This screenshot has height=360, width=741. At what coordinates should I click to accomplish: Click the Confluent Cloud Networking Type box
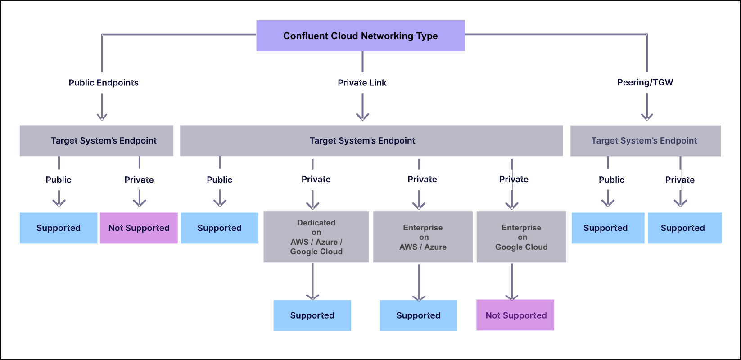coord(360,36)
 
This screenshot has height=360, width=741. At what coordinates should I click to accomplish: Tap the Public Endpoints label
coord(104,83)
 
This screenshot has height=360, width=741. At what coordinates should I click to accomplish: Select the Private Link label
coord(362,83)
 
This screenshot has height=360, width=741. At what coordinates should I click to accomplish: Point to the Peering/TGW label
coord(645,82)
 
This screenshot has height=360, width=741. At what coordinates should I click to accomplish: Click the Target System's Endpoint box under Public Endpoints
coord(96,141)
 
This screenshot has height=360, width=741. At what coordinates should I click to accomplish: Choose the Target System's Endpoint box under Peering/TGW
coord(645,141)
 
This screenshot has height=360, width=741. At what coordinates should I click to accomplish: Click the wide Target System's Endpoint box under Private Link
coord(371,141)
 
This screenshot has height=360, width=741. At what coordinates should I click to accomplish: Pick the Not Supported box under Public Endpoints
coord(139,228)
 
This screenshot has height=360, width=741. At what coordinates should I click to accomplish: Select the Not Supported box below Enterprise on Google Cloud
coord(515,315)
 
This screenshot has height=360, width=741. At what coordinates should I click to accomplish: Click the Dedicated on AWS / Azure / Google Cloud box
coord(316,237)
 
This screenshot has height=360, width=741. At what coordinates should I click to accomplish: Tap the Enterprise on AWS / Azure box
coord(423,237)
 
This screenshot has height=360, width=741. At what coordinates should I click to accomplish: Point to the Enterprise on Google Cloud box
coord(521,237)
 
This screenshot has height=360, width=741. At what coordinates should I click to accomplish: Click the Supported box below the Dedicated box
coord(312,315)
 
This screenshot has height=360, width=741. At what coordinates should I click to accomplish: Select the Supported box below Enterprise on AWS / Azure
coord(418,315)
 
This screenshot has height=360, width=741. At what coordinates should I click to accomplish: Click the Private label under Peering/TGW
coord(680,180)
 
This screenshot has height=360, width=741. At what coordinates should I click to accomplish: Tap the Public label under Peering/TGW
coord(611,180)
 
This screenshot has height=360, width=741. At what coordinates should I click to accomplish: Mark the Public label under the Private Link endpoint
coord(219,180)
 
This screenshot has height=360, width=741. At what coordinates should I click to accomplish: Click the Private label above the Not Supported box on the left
coord(139,180)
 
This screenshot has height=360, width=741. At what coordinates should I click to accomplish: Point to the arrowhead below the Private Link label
coord(362,117)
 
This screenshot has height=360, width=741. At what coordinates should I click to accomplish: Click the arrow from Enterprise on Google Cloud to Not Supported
coord(512,281)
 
